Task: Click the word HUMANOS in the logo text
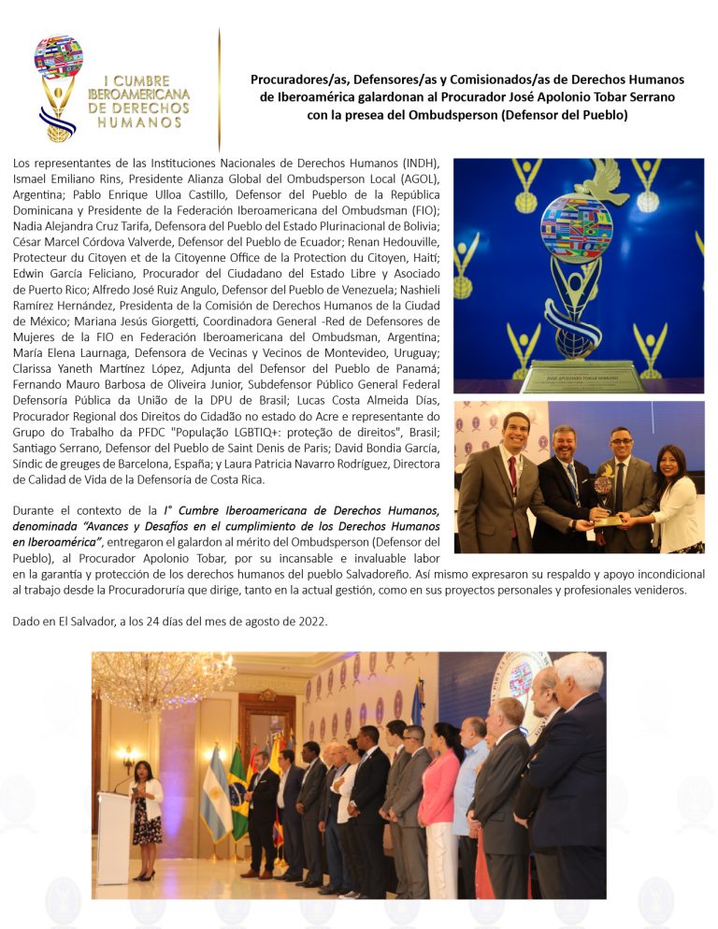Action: click(138, 121)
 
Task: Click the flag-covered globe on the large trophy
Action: click(576, 227)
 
